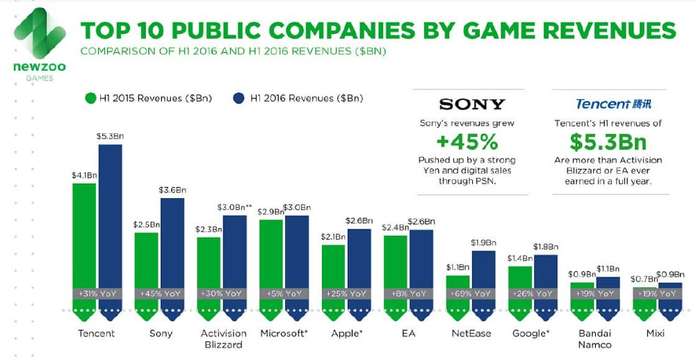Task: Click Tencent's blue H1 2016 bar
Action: coord(110,215)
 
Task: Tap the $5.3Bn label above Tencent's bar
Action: coord(109,136)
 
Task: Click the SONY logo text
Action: coord(472,104)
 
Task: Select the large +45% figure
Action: coord(472,142)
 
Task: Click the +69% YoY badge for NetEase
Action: coord(471,294)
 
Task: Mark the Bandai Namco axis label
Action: coord(594,339)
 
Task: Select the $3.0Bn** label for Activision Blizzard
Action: coord(234,208)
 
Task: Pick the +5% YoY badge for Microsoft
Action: coord(284,294)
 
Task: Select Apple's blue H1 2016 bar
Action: coord(359,257)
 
